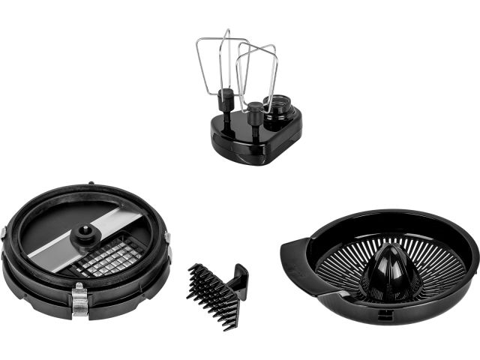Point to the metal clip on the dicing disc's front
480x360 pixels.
click(79, 300)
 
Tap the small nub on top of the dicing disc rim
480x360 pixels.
click(91, 183)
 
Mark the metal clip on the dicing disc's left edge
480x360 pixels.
click(4, 232)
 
